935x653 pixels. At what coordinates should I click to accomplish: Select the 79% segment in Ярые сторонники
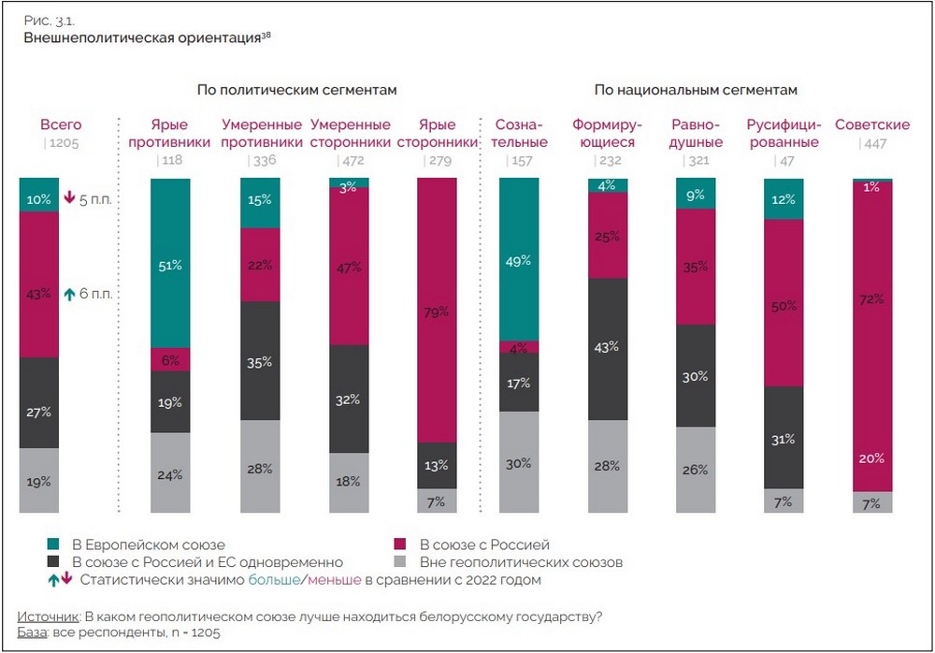pos(437,310)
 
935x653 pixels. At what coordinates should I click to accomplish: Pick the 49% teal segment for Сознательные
pos(519,259)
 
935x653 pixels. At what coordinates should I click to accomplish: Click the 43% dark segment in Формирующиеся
pos(608,348)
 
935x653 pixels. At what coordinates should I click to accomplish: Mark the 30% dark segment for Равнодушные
pos(695,375)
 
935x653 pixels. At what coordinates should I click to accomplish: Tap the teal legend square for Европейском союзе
pos(53,544)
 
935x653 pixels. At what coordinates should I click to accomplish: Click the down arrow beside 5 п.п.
pos(68,198)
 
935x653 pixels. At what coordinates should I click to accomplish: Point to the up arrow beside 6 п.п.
pos(68,294)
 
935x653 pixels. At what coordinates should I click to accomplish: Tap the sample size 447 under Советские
pos(873,143)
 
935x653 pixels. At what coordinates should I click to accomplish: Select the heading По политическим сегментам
pos(296,90)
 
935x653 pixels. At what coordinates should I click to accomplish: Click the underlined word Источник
pos(49,616)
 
